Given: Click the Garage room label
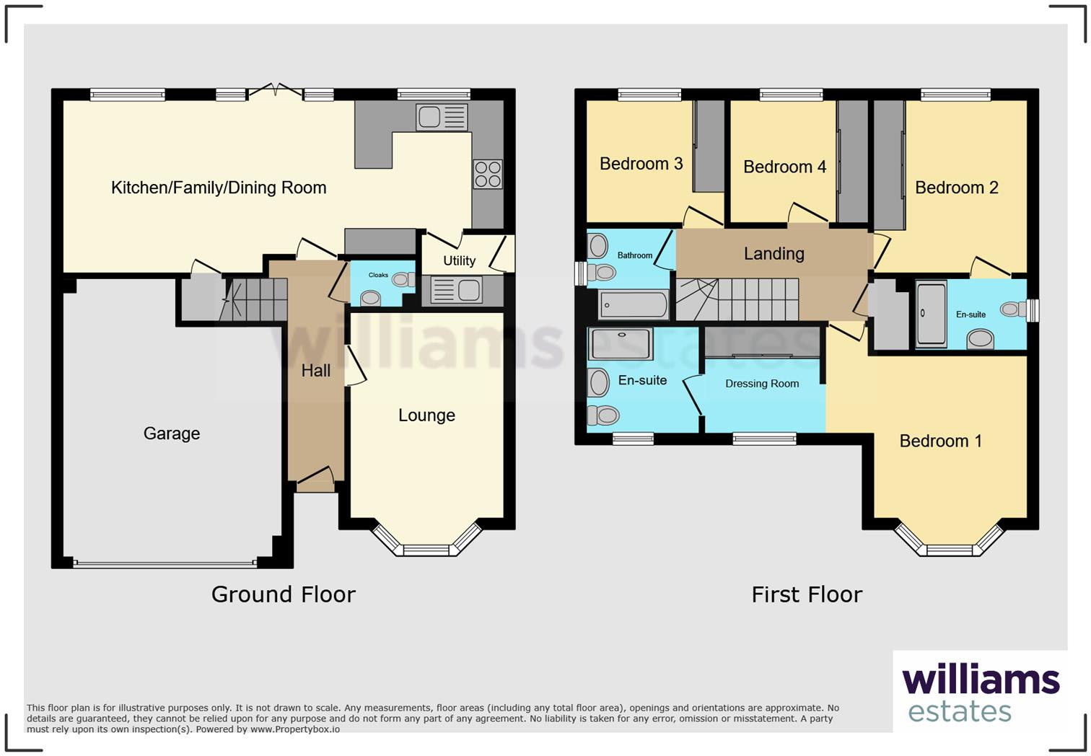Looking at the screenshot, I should point(171,434).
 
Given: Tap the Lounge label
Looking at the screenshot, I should point(426,416).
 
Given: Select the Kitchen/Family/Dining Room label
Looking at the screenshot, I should point(219,188).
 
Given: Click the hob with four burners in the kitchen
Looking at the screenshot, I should point(488,174).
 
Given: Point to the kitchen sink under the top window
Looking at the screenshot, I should point(442,117).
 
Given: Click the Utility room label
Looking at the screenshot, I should point(459,260).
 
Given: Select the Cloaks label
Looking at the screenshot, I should point(378,275).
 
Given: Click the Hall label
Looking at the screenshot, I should point(315,371).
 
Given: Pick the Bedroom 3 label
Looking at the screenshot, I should point(641,164).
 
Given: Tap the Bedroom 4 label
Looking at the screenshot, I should point(784,167).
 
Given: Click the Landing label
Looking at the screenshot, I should point(774,254).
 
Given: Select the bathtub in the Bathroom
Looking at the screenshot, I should point(634,305).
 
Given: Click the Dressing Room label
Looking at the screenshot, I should point(762,384).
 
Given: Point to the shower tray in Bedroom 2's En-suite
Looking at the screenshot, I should point(931,315).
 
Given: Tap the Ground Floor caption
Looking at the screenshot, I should point(283,594).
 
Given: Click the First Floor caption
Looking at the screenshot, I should point(806,594).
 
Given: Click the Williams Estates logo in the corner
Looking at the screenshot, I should point(980,693).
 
